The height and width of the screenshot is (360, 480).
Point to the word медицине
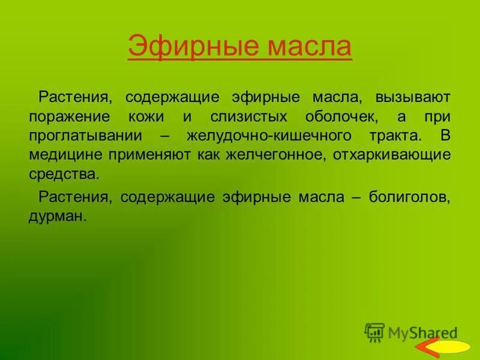[x=66, y=155]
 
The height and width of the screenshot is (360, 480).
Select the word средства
[x=62, y=174]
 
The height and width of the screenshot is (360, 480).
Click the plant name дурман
[x=58, y=216]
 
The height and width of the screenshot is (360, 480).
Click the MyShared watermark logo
[x=412, y=331]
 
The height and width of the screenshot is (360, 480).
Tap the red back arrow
[x=427, y=347]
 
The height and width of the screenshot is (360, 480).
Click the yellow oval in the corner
[x=451, y=347]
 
